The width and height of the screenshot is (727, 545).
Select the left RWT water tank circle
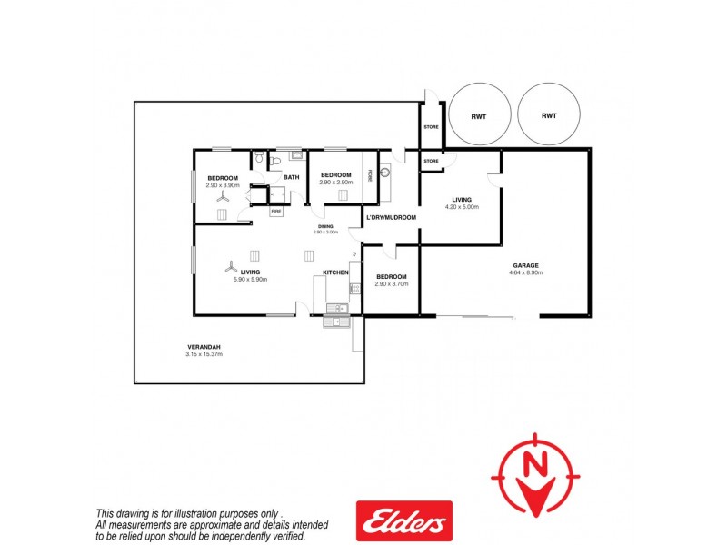click(479, 115)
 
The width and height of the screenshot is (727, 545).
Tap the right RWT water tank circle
click(549, 115)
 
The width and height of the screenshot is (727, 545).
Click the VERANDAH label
click(204, 346)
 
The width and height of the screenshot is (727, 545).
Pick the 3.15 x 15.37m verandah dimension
click(204, 354)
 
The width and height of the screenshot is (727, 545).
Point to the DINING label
click(325, 226)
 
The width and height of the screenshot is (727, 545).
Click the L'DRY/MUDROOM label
click(391, 217)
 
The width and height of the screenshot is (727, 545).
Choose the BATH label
click(292, 178)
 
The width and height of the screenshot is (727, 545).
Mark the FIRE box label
click(277, 211)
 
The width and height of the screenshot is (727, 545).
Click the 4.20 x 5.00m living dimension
click(462, 207)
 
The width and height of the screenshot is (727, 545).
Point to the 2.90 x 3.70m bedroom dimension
click(391, 284)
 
